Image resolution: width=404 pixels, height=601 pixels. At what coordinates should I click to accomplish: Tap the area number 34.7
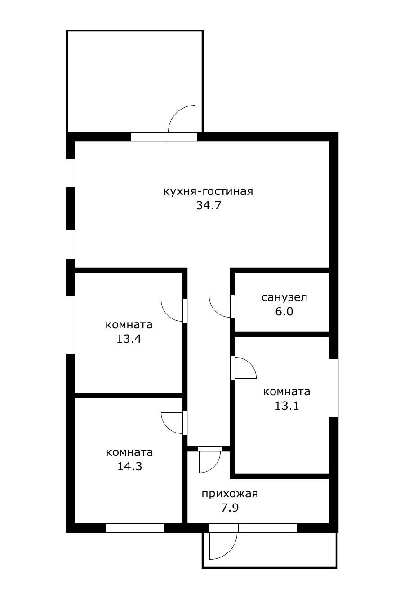pos(209,206)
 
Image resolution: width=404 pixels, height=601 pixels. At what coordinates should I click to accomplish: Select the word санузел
pos(284,297)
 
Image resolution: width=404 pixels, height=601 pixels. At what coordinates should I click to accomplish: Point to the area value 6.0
pos(284,311)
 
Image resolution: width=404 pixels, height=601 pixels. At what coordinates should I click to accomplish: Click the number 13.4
pos(129,339)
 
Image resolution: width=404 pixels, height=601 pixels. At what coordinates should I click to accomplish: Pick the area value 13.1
pos(287,406)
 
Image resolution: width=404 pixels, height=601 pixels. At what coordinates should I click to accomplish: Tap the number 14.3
pos(130,467)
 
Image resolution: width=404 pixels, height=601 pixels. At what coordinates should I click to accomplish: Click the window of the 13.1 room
pos(333,388)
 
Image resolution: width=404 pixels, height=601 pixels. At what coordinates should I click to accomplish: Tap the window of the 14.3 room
pos(134,528)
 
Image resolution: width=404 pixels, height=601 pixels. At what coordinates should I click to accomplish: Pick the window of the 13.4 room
pos(71,324)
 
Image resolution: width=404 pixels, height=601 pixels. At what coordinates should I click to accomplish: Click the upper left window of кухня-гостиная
pos(71,173)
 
